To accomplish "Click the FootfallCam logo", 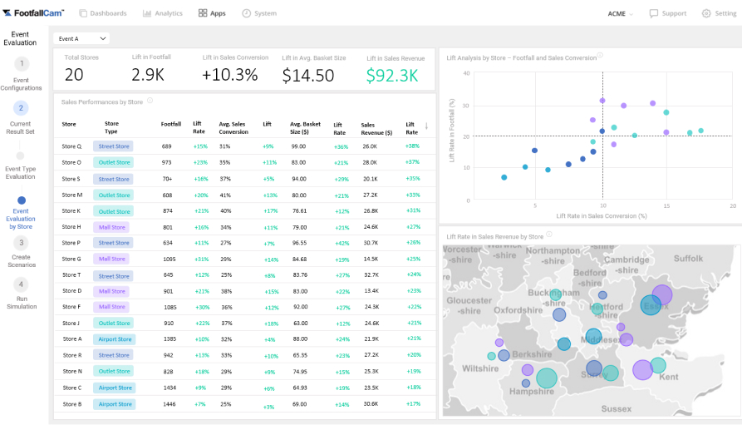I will pos(35,13).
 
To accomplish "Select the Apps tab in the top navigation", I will pos(212,13).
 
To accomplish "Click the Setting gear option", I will pos(719,13).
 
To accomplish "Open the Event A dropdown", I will pos(81,38).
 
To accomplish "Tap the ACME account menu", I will pos(620,13).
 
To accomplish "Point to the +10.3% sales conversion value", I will pos(229,76).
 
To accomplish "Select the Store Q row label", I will pos(71,146).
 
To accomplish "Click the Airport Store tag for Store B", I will pos(115,404).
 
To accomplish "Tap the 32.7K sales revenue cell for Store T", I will pos(370,275).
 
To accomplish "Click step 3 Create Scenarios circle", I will pos(22,243).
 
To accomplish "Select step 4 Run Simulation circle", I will pos(22,284).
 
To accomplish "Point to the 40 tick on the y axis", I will pos(467,73).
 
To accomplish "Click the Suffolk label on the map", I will pos(688,259).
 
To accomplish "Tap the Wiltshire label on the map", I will pos(480,368).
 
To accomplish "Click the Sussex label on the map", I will pos(616,408).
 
